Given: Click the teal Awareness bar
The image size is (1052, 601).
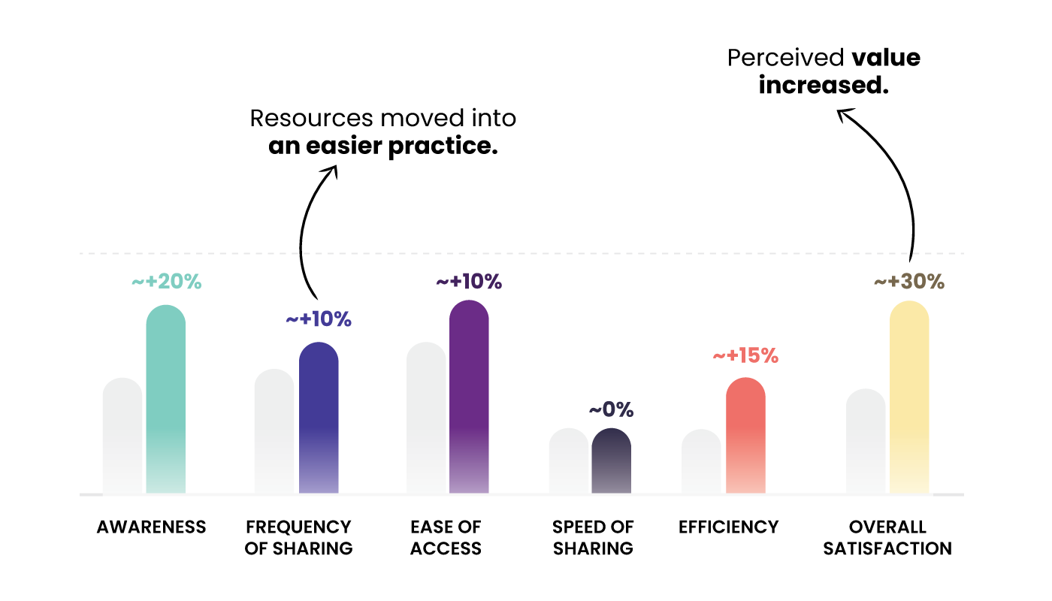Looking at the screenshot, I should pos(165,398).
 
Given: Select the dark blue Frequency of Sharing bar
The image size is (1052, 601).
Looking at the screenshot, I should pos(319,417).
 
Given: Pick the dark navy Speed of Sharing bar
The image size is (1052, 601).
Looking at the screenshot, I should pos(611,461).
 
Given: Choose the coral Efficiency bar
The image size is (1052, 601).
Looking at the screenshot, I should pos(745,435).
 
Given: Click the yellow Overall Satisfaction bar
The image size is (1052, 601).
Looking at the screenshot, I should pos(909,397).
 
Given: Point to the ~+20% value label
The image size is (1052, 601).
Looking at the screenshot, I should pos(167,282).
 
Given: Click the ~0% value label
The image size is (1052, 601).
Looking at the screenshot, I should pos(611,410).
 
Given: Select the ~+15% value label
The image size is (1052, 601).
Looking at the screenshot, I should pos(745,355).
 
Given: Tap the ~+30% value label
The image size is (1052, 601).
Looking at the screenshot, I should pos(909,282).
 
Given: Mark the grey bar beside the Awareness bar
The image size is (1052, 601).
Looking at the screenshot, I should pos(122,436).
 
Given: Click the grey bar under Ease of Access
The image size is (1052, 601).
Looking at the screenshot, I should pos(426,418).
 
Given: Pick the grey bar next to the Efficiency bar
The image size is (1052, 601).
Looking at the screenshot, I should pos(701,461).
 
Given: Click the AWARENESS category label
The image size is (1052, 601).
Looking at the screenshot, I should pos(151,527).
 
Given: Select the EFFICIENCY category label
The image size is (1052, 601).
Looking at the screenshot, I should pos(729,527).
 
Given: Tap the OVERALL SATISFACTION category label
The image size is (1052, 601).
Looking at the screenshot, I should pos(887,538).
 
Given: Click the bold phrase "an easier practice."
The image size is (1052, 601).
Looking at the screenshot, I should pos(383,146).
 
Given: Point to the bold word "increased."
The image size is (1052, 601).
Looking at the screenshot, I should pos(824,86).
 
